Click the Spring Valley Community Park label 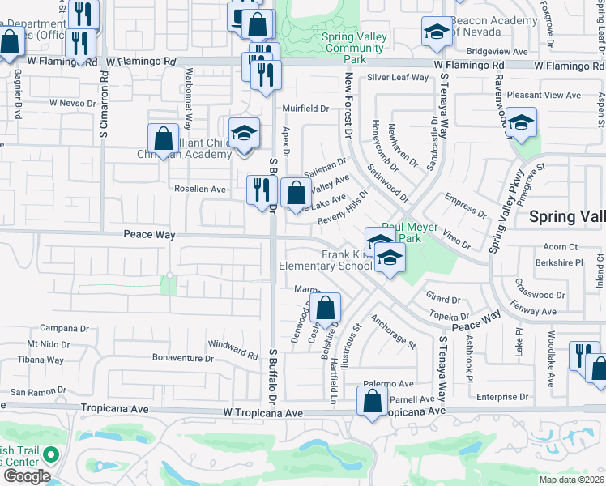click(x=352, y=48)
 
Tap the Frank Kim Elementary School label click(x=324, y=260)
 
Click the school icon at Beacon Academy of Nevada click(x=437, y=32)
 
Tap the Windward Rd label click(x=233, y=348)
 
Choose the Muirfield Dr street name click(x=305, y=108)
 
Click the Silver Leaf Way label click(x=398, y=78)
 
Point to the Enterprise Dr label click(x=502, y=397)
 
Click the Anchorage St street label click(x=392, y=332)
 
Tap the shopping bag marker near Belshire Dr click(x=325, y=308)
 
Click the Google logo click(x=27, y=476)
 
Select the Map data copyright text click(x=570, y=480)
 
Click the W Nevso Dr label click(x=73, y=103)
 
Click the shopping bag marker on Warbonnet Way click(x=163, y=139)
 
